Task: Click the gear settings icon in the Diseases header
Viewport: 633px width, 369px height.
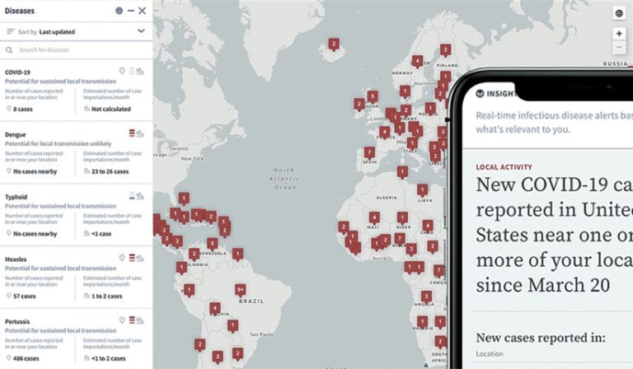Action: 119,11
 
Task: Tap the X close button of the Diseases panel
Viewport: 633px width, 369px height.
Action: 142,11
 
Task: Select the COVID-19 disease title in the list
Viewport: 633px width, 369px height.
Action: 17,72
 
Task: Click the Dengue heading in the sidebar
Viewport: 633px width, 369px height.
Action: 16,133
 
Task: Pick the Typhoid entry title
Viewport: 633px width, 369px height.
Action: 16,197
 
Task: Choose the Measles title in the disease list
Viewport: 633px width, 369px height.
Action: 16,259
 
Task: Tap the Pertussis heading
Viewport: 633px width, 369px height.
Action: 18,320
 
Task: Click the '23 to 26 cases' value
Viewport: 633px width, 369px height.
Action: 110,171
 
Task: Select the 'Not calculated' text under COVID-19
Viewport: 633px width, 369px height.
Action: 111,109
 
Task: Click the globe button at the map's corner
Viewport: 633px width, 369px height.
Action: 619,13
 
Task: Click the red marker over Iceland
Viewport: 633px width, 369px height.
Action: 334,44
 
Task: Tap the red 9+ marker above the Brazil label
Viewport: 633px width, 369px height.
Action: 240,289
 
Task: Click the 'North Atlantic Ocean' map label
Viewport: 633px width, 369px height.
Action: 285,179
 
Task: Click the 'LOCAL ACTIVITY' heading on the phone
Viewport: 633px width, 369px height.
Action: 504,167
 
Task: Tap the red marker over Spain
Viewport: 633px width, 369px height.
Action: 369,152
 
